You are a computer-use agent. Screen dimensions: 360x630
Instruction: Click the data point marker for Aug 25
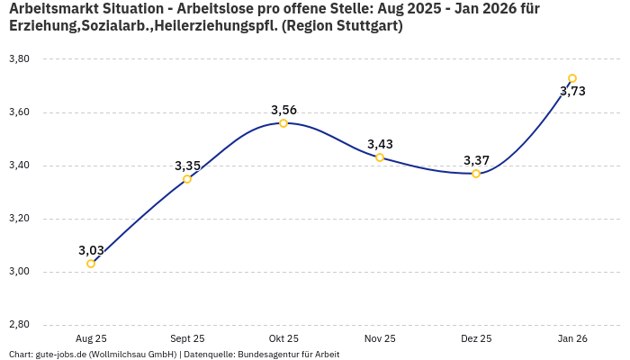coord(91,264)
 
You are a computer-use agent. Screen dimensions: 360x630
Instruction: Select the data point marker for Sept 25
coord(187,179)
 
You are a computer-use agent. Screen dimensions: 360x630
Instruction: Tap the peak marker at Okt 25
coord(283,123)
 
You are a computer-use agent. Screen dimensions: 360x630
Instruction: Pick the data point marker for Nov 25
coord(380,157)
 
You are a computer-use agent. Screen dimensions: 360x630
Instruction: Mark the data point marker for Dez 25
coord(476,174)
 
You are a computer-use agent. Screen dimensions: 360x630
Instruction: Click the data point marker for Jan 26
coord(572,78)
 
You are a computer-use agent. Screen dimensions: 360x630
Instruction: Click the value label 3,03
coord(91,250)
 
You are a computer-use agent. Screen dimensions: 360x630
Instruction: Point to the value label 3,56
coord(283,110)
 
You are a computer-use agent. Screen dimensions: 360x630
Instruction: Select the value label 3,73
coord(572,91)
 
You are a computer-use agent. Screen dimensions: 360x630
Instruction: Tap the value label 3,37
coord(476,160)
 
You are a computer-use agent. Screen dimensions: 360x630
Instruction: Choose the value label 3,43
coord(380,144)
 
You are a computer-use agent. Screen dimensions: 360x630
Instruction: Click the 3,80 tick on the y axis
coord(19,58)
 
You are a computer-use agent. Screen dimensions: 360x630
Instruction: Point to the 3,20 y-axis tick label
coord(19,219)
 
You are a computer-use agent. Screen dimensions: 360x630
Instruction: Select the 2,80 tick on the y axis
coord(19,325)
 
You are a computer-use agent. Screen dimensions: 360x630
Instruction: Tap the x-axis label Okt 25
coord(283,338)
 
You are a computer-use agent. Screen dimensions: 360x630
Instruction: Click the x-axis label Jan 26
coord(572,338)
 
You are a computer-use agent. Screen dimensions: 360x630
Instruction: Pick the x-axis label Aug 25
coord(91,338)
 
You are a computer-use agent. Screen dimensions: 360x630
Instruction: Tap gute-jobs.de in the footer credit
coord(61,355)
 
